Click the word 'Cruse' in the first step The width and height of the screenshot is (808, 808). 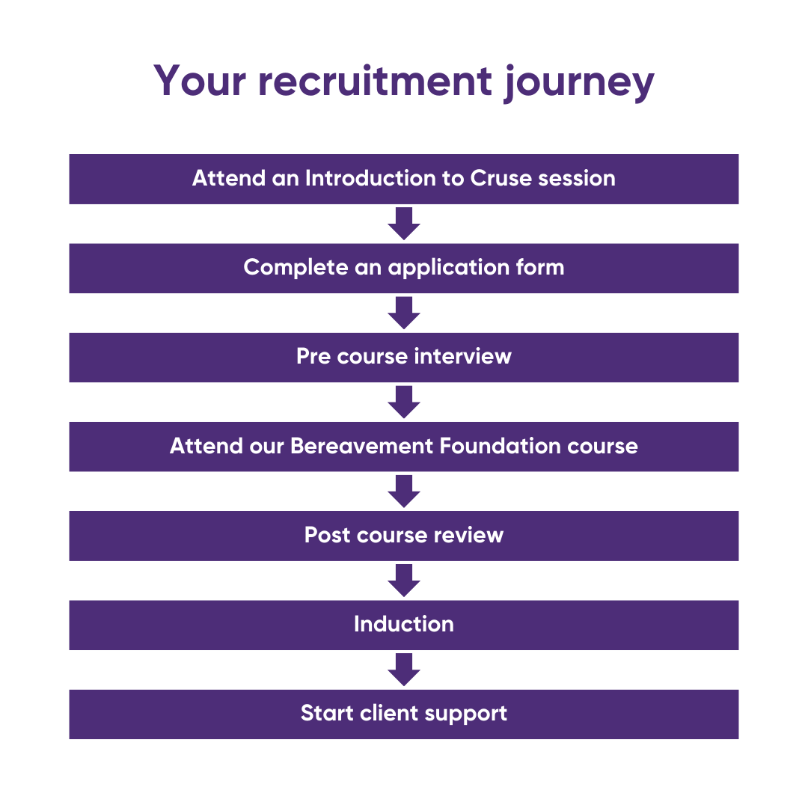click(501, 179)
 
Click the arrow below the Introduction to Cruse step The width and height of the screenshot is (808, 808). click(404, 224)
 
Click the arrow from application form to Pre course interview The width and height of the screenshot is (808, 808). click(404, 313)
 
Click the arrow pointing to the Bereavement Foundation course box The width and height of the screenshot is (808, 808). click(404, 402)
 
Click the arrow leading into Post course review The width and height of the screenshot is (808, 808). click(404, 491)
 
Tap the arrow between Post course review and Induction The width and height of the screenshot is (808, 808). click(404, 580)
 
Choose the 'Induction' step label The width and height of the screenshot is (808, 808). click(404, 625)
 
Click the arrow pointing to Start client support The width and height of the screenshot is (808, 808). click(404, 670)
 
